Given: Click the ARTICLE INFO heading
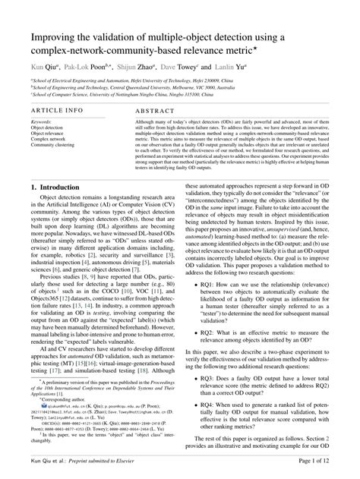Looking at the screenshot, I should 57,110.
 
